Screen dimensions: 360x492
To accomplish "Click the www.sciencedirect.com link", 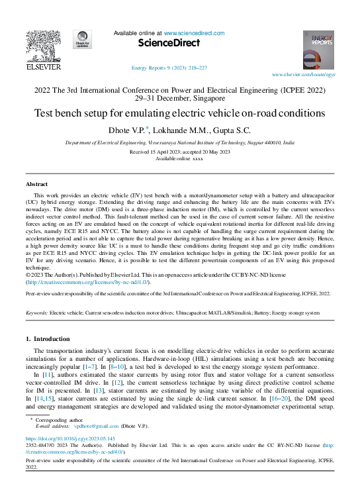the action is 192,32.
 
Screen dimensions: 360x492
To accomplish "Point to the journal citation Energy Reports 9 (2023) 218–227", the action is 169,68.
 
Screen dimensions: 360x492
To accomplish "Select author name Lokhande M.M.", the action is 180,130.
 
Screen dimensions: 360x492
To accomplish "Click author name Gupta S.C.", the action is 234,130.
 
